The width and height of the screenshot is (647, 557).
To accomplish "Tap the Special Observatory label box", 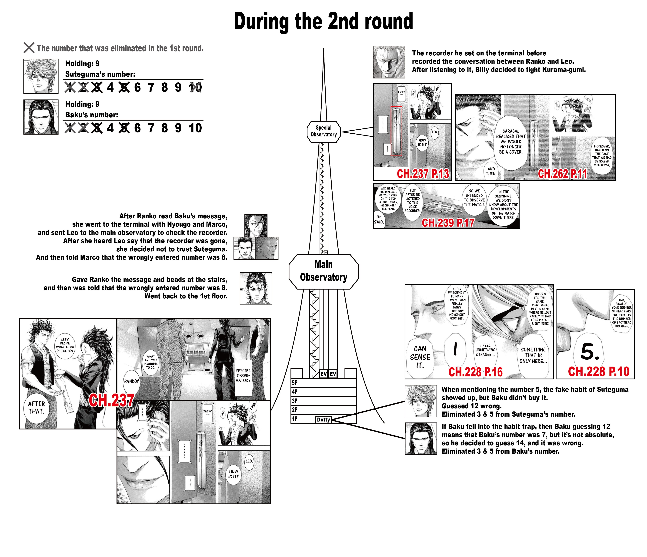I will (x=323, y=132).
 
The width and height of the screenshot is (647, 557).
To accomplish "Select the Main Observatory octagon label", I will (x=323, y=271).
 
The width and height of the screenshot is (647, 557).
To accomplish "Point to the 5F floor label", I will (x=294, y=383).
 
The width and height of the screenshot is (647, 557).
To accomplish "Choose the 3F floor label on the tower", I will (x=294, y=401).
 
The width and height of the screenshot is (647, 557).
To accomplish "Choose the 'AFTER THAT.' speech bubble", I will (x=37, y=408).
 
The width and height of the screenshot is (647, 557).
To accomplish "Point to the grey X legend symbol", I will (x=29, y=48).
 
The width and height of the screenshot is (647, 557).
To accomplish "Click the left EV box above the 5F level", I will (x=323, y=374).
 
